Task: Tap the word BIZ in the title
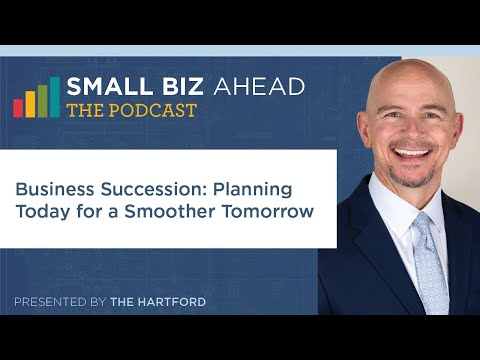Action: [x=171, y=88]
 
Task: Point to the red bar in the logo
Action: [x=18, y=107]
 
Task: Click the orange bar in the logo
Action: [x=30, y=103]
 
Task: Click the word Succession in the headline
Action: [x=150, y=188]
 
